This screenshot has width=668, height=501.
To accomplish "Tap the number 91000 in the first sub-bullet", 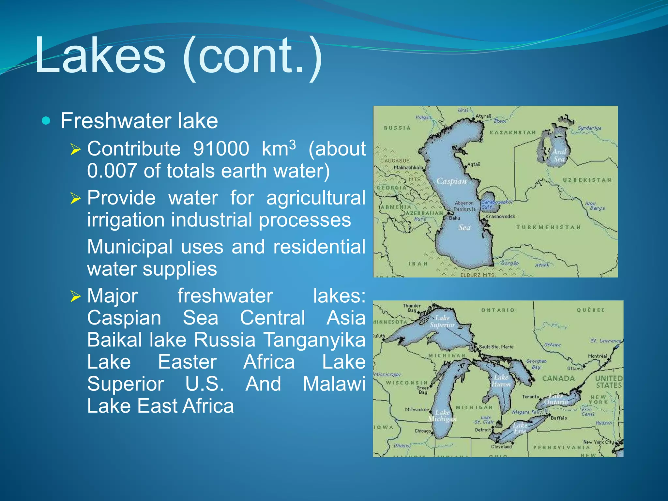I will click(x=221, y=149).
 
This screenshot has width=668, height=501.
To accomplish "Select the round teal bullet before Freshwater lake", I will click(x=46, y=121).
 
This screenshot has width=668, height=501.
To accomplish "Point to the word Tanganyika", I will click(x=314, y=340).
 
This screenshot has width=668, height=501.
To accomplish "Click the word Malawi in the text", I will click(x=334, y=384).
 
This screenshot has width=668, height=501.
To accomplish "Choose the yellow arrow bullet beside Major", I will click(x=76, y=296).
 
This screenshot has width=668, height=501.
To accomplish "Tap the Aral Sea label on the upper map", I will click(x=559, y=156).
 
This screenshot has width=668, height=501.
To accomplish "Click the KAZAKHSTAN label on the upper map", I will click(x=513, y=133).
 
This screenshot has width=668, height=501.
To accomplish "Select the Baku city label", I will click(x=455, y=218).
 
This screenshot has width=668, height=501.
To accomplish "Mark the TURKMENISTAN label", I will click(x=548, y=227).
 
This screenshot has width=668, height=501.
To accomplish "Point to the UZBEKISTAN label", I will click(x=587, y=180).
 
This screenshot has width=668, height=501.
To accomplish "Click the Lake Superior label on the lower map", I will click(x=442, y=321).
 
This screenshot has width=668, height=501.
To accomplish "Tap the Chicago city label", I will click(x=422, y=431).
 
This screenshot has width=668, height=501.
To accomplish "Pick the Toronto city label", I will click(x=530, y=397).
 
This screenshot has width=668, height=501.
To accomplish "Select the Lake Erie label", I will click(x=520, y=428).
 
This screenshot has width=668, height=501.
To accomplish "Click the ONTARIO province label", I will click(x=498, y=310).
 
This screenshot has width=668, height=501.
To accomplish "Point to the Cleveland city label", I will click(x=501, y=447).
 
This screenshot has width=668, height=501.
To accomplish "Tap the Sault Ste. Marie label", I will click(x=496, y=347).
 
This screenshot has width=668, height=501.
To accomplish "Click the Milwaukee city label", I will click(x=417, y=410).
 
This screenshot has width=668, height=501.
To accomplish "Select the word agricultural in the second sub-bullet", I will click(x=316, y=198).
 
